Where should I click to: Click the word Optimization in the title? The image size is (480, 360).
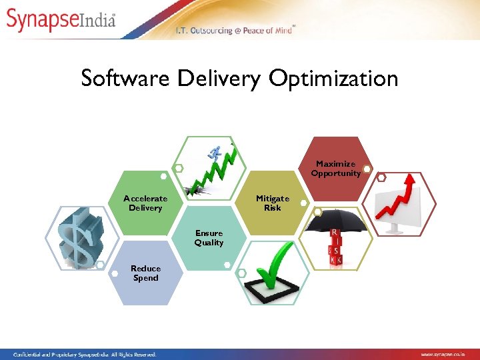tap(333, 79)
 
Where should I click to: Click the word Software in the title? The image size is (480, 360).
tap(126, 79)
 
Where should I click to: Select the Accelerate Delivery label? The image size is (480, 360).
tap(145, 203)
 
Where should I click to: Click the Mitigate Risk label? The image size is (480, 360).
tap(273, 203)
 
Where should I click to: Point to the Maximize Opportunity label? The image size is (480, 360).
tap(336, 169)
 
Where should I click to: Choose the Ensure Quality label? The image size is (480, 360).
tap(209, 238)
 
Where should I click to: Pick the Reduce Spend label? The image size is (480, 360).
tap(145, 273)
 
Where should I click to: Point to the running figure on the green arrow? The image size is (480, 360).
tap(215, 153)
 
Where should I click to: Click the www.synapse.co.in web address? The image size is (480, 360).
tap(448, 354)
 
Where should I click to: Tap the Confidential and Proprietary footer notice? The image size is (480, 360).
tap(80, 354)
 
